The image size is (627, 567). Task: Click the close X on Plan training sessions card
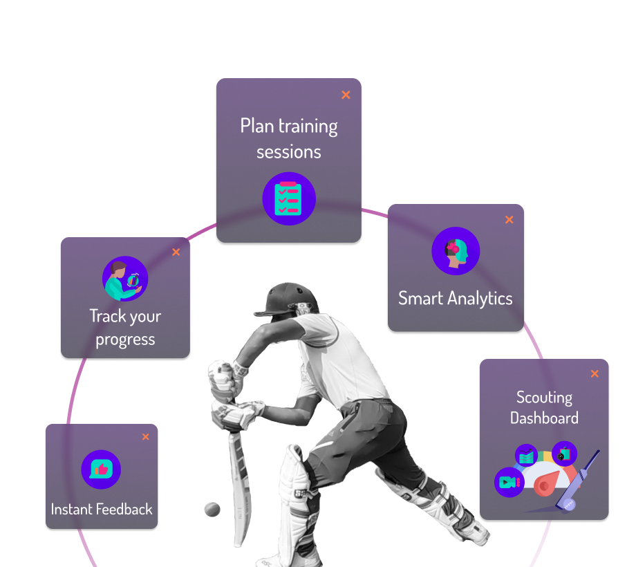click(x=346, y=95)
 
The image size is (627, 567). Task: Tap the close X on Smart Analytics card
click(x=509, y=220)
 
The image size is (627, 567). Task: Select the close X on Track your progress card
click(x=176, y=252)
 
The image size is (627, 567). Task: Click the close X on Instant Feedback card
click(x=145, y=437)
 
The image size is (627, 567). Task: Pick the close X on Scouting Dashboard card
click(x=595, y=374)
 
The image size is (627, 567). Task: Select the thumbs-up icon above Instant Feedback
click(x=101, y=470)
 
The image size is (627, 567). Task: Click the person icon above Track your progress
click(x=125, y=279)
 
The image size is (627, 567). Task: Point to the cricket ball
click(x=212, y=510)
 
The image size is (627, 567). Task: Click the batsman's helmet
click(x=292, y=297)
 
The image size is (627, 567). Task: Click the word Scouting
click(x=544, y=398)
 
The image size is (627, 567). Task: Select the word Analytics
click(x=479, y=299)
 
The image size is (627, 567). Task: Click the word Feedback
click(x=124, y=510)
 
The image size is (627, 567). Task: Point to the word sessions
click(x=289, y=151)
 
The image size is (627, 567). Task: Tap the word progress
click(x=125, y=340)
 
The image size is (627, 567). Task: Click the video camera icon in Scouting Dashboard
click(x=509, y=482)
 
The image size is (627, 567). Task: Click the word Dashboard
click(x=544, y=418)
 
